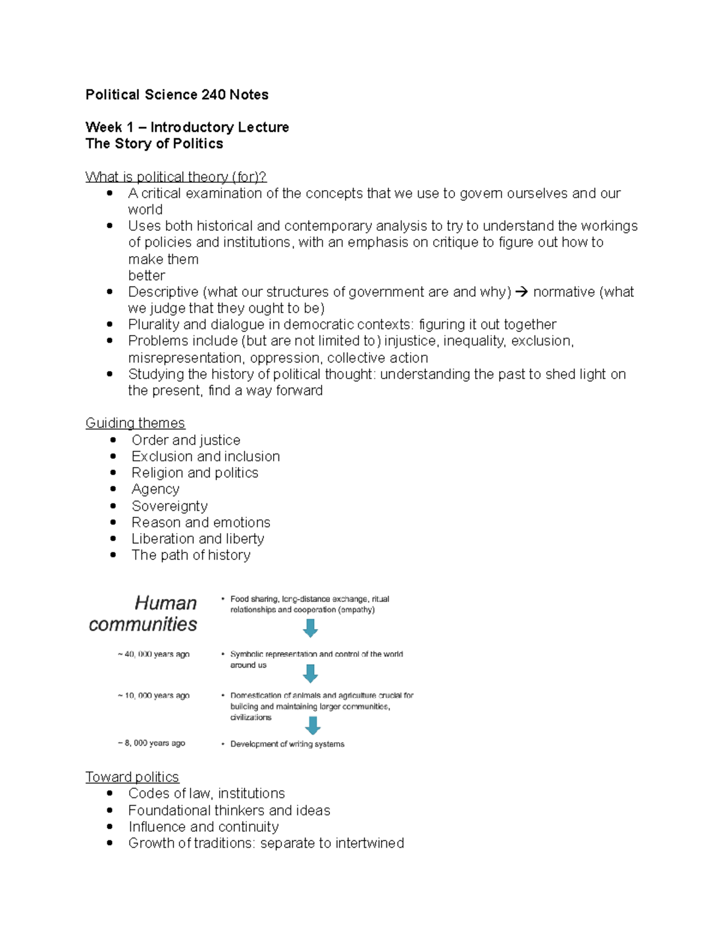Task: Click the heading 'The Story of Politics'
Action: click(154, 144)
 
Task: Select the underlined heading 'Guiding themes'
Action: click(135, 423)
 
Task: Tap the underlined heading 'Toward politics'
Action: click(132, 777)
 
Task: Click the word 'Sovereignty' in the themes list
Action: click(169, 506)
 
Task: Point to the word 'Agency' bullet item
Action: click(155, 489)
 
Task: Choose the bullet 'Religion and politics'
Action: click(195, 473)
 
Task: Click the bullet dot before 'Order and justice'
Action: click(113, 440)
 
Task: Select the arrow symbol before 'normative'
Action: click(521, 292)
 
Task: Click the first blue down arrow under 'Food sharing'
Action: click(310, 628)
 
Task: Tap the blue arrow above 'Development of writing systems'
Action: click(312, 726)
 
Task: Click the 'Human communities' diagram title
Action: click(143, 613)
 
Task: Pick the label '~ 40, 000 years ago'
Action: click(153, 655)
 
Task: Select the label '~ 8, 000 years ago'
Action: click(151, 743)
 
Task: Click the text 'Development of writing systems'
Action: click(287, 744)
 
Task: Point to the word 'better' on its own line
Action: click(146, 276)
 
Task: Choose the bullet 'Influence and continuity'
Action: click(203, 827)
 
